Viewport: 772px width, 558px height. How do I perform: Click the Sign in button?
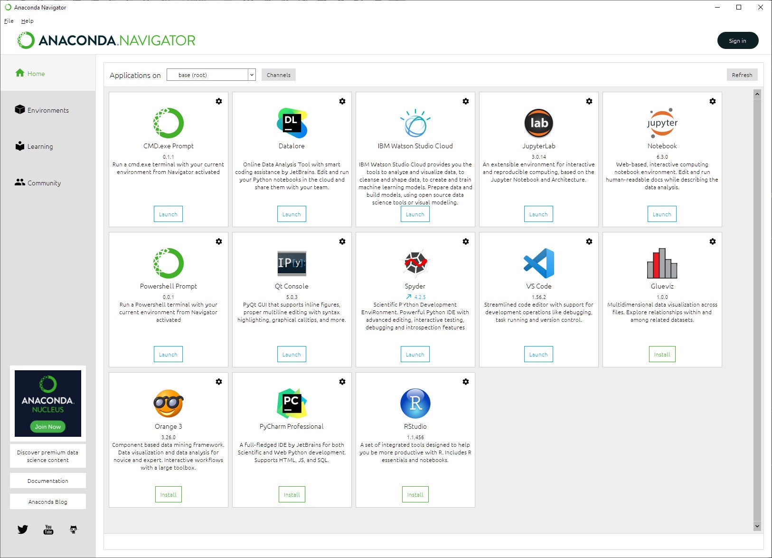coord(737,40)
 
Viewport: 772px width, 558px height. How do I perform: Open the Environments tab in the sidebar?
coord(42,110)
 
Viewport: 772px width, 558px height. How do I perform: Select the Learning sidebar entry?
coord(34,146)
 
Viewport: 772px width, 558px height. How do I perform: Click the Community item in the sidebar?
coord(38,183)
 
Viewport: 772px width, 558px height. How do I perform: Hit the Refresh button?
coord(742,75)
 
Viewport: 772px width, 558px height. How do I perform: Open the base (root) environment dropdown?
coord(211,75)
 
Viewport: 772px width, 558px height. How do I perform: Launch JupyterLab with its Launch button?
coord(538,214)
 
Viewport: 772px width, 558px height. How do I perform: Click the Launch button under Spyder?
coord(415,354)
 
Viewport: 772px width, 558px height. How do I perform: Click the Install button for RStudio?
coord(415,494)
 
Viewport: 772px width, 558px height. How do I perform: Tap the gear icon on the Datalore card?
coord(342,101)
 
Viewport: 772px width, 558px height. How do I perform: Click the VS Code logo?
coord(539,263)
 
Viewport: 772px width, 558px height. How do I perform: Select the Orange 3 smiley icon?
coord(168,403)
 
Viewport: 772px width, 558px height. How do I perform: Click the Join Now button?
coord(47,426)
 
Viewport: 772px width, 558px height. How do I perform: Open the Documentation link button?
coord(47,481)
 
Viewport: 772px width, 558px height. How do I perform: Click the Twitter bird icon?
coord(23,529)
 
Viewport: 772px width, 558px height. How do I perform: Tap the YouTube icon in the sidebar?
coord(48,529)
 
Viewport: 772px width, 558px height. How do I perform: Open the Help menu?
coord(27,21)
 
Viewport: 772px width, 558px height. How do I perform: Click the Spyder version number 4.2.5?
coord(420,297)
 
